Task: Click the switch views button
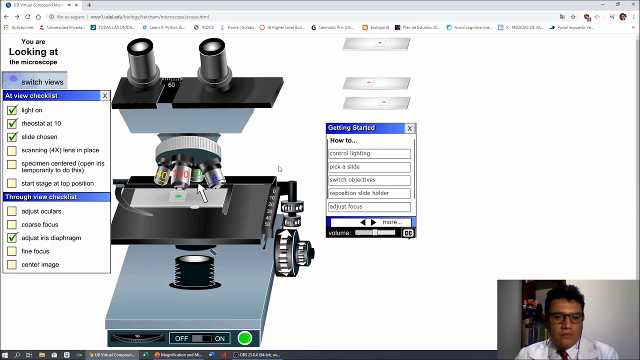35,81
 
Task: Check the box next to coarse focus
12,224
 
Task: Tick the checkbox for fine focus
12,251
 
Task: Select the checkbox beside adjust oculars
12,211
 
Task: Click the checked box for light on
12,110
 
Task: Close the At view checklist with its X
104,95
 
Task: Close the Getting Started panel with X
409,128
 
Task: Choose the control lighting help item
369,153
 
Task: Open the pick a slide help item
369,167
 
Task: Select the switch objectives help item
369,180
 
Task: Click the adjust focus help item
369,206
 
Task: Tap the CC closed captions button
408,233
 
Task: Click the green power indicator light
244,338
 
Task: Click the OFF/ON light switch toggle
201,338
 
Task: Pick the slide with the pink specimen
376,83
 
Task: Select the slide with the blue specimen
376,102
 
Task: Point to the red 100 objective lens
180,175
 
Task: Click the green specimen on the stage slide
178,196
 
